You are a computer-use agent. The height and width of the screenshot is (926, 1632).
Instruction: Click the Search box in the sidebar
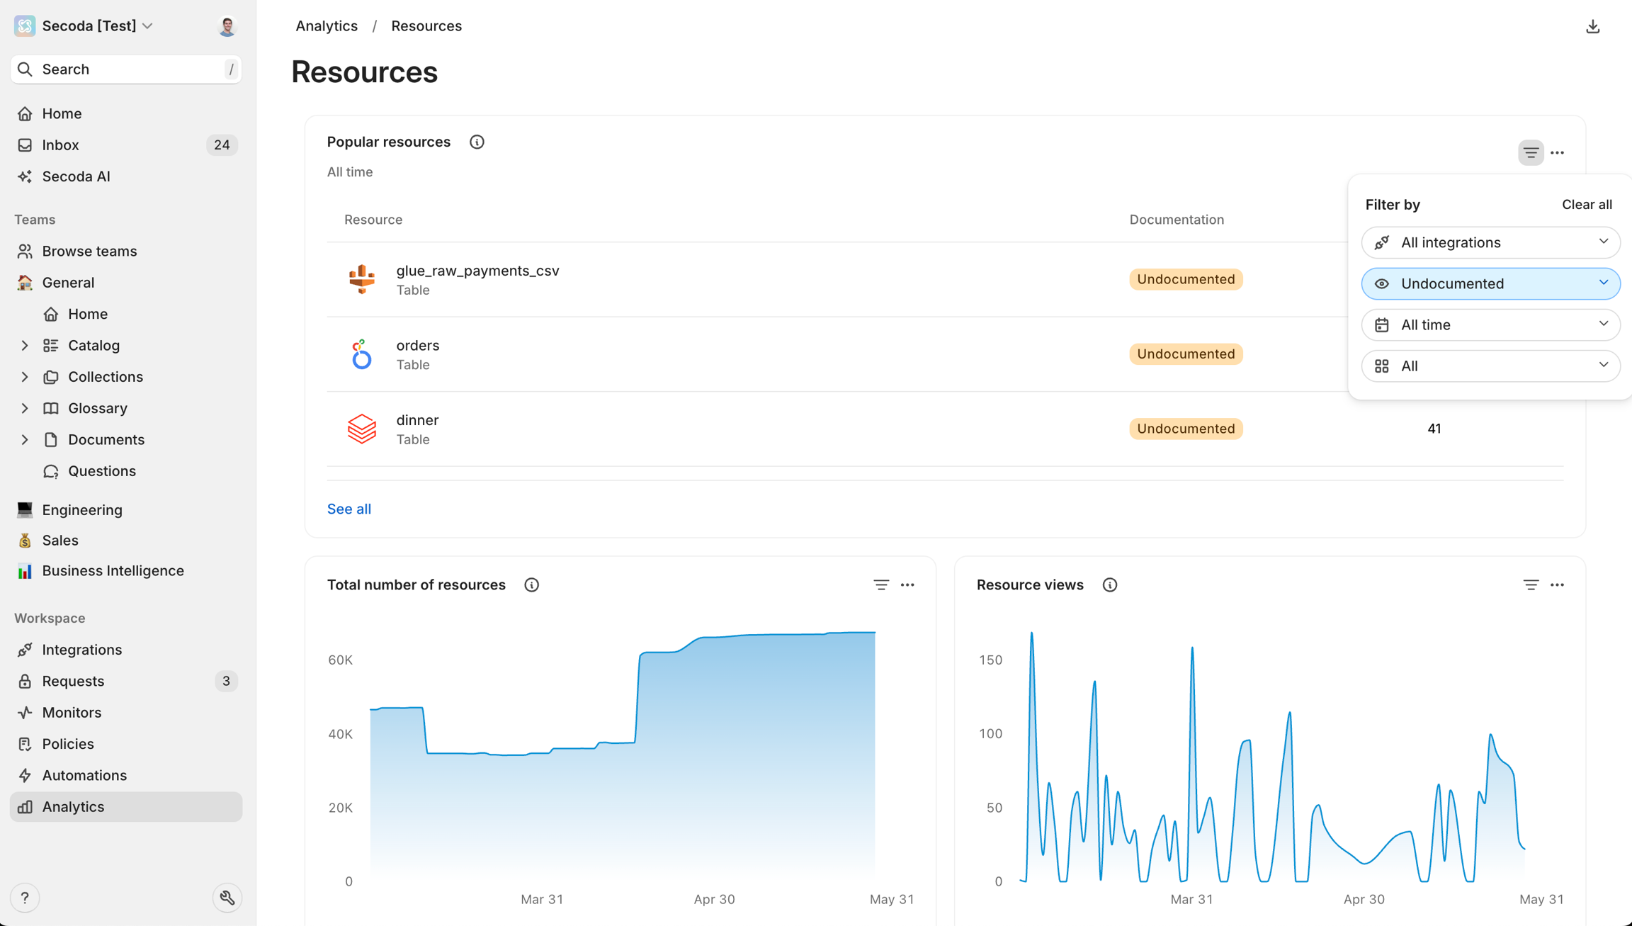(126, 69)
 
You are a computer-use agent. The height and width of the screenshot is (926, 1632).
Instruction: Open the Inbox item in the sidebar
(61, 145)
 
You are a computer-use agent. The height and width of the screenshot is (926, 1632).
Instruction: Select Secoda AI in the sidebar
(76, 176)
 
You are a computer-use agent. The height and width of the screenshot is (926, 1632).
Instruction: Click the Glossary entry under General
(98, 408)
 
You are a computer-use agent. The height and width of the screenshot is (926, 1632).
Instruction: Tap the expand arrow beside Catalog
(25, 346)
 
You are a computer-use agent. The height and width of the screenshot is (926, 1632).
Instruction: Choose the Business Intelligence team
(113, 571)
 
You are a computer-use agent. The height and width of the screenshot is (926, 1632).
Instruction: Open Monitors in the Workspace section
(72, 713)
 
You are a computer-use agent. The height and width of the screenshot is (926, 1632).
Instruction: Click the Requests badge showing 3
(226, 681)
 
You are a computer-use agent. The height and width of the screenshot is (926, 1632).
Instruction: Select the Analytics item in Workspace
(73, 807)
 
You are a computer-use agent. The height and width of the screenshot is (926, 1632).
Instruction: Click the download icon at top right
(1592, 27)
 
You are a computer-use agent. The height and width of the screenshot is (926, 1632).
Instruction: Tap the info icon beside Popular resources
(477, 142)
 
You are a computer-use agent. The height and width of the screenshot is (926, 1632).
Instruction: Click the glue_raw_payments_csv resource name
(477, 271)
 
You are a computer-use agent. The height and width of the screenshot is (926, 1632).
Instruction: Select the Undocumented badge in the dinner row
(1185, 429)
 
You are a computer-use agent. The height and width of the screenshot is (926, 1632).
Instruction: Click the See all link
(349, 509)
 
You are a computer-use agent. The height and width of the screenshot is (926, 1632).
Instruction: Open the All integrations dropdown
(1490, 243)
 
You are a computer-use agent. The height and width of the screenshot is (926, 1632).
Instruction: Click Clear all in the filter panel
(1587, 205)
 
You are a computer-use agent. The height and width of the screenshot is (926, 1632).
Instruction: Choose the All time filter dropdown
(1490, 325)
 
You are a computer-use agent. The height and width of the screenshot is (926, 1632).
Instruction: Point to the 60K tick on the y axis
(340, 660)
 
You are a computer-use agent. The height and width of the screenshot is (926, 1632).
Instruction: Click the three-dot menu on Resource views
(1557, 585)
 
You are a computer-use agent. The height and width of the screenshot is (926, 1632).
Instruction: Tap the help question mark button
(25, 898)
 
